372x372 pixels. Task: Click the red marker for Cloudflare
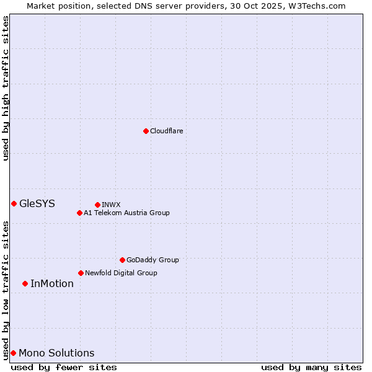146,131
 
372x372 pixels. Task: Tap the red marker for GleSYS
14,203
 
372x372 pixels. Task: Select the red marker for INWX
97,205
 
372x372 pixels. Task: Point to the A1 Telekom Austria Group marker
79,213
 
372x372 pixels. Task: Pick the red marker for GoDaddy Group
122,260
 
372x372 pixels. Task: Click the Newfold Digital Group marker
81,273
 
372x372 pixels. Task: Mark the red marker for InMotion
25,283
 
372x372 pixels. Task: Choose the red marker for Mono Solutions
13,353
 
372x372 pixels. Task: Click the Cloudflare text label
166,131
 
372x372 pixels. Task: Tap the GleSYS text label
37,203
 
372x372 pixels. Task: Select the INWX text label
111,205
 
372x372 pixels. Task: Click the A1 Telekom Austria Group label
126,213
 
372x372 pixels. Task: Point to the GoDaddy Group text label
153,260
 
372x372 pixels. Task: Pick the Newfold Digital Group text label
121,273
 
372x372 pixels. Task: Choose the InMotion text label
52,283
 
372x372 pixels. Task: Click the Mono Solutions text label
56,353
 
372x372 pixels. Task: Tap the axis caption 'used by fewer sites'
64,367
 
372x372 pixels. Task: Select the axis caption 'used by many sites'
311,367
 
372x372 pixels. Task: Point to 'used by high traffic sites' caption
6,88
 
